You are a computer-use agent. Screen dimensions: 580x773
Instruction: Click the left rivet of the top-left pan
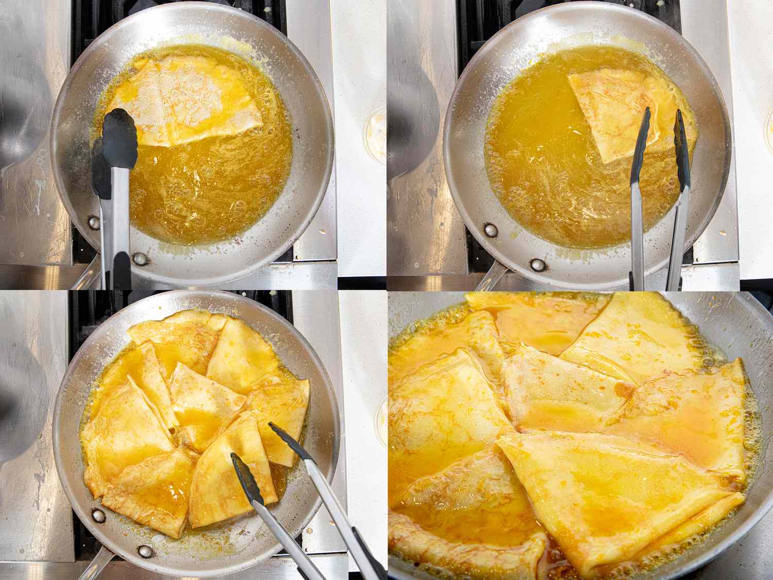pos(94,223)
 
